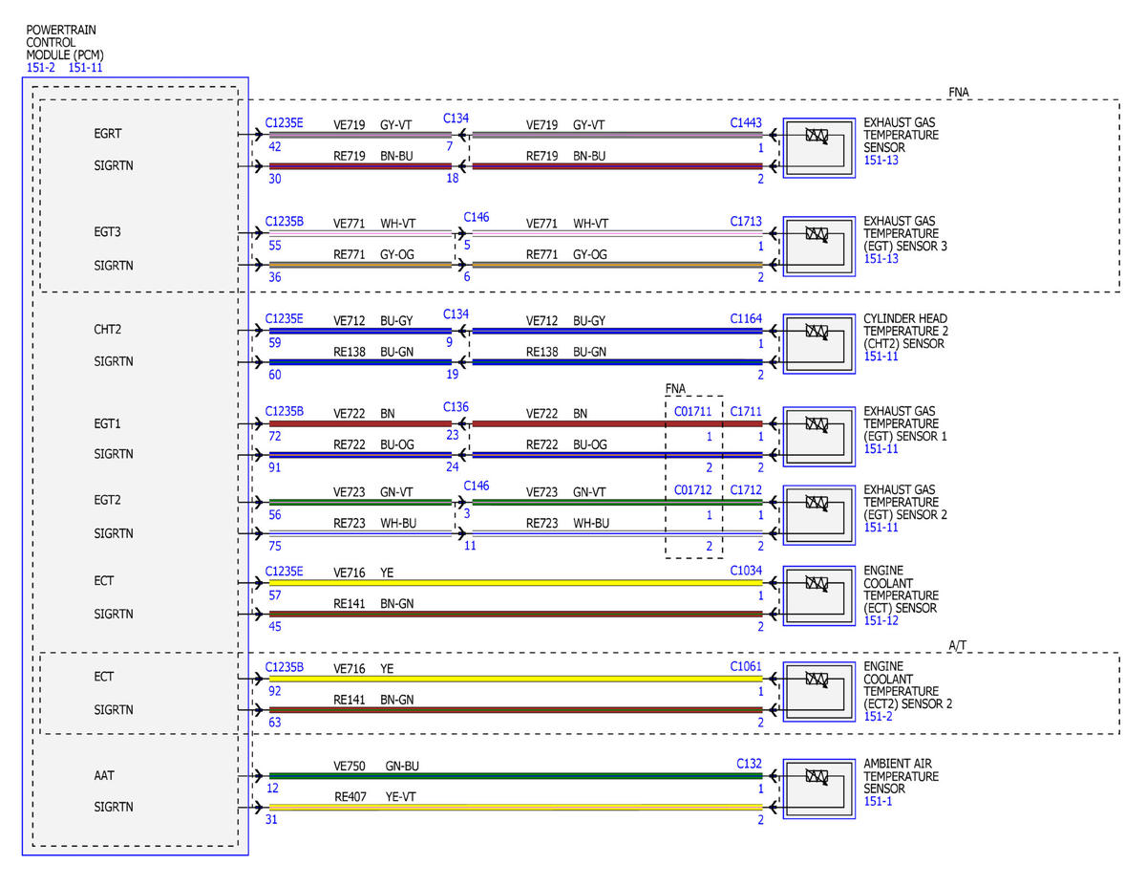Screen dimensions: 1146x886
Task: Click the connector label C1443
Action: click(x=745, y=123)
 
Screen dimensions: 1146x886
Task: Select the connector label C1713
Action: click(x=745, y=221)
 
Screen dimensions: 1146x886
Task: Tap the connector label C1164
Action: click(x=745, y=318)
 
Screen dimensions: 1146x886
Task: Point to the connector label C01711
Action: click(x=692, y=411)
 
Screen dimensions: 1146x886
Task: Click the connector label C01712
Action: click(x=692, y=489)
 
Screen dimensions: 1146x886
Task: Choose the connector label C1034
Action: click(x=745, y=571)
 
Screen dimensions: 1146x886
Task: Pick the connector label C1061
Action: click(x=745, y=666)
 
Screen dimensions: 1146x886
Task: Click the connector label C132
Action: click(x=749, y=764)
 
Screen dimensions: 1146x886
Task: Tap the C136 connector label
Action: click(x=456, y=407)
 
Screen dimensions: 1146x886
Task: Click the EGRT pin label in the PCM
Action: click(x=108, y=134)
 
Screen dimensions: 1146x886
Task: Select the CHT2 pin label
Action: click(x=108, y=330)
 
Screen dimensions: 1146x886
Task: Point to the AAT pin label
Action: click(x=104, y=775)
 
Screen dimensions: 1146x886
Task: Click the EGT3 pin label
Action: click(x=107, y=231)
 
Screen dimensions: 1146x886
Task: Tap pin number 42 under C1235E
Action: click(x=275, y=146)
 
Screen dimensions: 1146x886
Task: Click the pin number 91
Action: click(x=275, y=467)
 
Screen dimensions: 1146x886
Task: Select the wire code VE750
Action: click(x=350, y=766)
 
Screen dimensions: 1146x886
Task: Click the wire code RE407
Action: click(x=350, y=796)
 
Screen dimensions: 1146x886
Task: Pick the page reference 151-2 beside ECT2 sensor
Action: click(x=878, y=716)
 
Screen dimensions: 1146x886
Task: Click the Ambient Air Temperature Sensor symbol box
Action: click(x=819, y=789)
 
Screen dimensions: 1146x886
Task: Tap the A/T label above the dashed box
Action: click(x=957, y=645)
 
